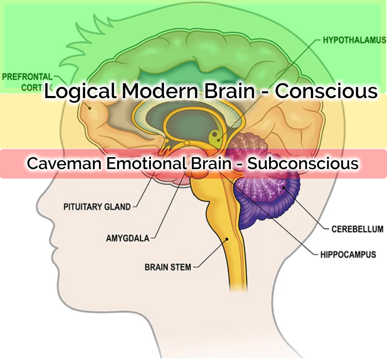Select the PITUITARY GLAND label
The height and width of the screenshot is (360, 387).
(97, 207)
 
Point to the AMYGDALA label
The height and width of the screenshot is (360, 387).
(127, 238)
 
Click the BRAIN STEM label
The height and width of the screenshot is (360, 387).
(168, 267)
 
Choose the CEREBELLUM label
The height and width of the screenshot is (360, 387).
(357, 229)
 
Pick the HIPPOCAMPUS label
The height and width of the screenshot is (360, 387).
(348, 254)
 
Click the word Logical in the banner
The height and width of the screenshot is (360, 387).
(80, 91)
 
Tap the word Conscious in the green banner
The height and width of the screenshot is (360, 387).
(326, 91)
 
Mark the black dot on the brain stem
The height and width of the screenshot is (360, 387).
(227, 239)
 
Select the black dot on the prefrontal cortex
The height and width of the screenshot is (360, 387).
(90, 108)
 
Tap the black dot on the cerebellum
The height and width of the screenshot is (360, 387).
(283, 188)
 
